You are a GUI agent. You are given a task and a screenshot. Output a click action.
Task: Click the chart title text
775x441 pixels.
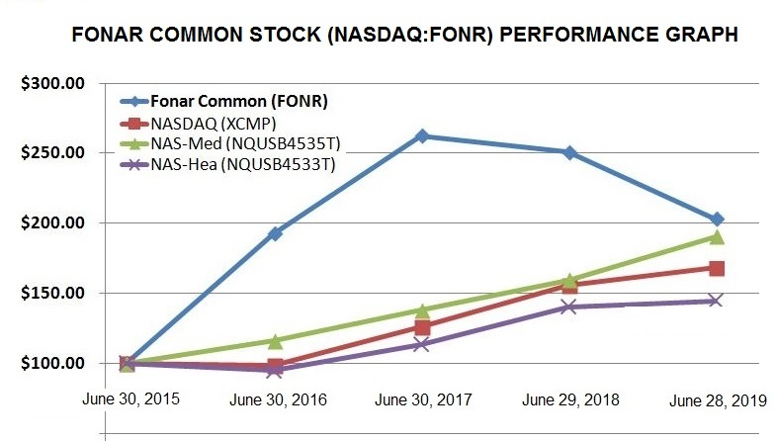pos(405,35)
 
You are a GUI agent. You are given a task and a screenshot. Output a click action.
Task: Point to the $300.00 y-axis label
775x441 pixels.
pos(52,83)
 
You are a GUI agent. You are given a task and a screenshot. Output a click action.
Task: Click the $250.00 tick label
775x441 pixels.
pos(52,153)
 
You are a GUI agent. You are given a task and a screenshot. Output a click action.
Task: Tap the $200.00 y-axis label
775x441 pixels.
pos(52,223)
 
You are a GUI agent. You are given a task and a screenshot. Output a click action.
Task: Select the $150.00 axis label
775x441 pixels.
pos(52,294)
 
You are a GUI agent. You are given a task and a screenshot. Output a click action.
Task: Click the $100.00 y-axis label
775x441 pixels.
pos(52,364)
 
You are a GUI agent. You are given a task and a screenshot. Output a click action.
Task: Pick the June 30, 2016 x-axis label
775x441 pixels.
pos(278,400)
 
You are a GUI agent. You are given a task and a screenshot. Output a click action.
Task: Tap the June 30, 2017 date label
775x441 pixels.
pos(423,400)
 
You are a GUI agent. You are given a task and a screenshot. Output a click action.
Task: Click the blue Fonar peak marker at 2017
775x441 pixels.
pos(422,135)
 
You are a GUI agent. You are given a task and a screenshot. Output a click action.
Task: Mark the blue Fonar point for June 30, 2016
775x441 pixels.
pos(276,233)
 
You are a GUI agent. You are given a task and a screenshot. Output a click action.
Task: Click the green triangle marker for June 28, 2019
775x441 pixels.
pos(716,237)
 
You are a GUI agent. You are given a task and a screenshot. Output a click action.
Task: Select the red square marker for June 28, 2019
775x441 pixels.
pos(716,268)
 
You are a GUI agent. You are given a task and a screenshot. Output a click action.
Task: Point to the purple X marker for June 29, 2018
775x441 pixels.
pos(569,307)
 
